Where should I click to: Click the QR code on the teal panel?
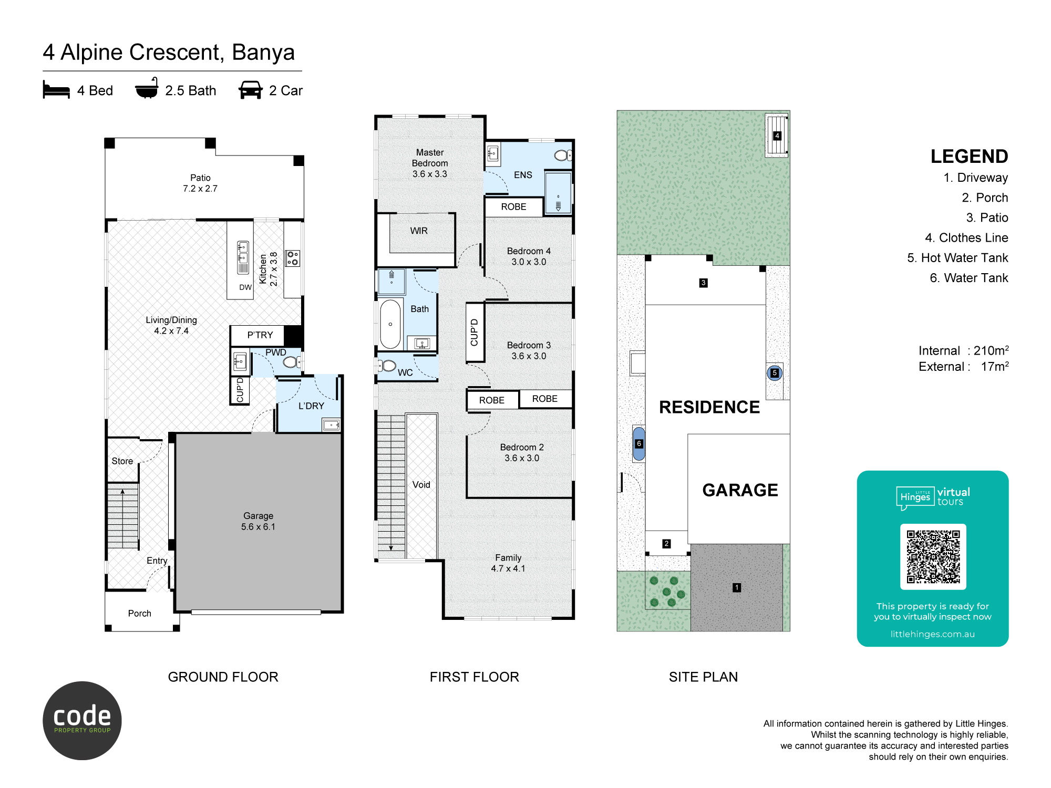(933, 557)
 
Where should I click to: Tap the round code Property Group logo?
(82, 721)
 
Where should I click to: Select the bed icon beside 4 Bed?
(56, 90)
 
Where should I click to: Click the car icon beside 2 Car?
(251, 90)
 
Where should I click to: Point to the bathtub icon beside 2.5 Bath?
(147, 88)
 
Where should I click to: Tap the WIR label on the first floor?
(419, 231)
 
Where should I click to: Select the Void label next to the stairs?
(421, 485)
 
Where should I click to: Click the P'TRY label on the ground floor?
(260, 335)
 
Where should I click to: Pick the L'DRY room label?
(311, 406)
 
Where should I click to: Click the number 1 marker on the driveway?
(737, 587)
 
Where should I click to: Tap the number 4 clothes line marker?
(777, 136)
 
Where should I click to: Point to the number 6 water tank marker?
(639, 443)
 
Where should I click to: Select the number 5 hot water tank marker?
(775, 373)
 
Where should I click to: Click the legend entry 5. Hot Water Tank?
(957, 258)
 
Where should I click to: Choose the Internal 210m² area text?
(963, 350)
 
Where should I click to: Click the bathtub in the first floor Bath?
(390, 324)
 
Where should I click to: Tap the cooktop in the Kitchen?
(293, 258)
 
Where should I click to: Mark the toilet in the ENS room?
(563, 155)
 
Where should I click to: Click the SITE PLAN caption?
(703, 677)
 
